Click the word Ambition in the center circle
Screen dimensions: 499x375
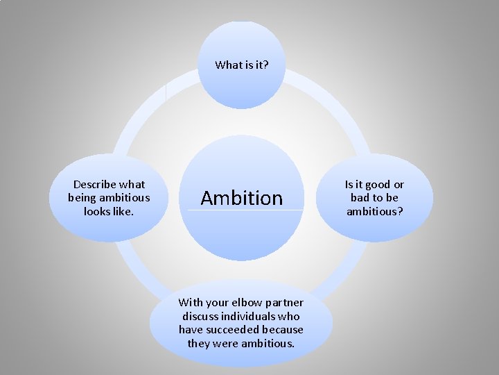pyautogui.click(x=242, y=199)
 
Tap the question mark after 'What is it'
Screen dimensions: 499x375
pyautogui.click(x=266, y=65)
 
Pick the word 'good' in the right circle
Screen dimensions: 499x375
pyautogui.click(x=378, y=185)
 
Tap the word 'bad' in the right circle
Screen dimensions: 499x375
pyautogui.click(x=361, y=198)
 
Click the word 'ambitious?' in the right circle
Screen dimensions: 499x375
pyautogui.click(x=374, y=211)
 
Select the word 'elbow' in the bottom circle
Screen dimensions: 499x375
pyautogui.click(x=247, y=302)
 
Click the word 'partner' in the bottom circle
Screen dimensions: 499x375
pyautogui.click(x=285, y=302)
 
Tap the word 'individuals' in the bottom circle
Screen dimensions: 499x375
pyautogui.click(x=247, y=316)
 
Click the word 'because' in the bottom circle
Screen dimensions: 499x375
pyautogui.click(x=283, y=329)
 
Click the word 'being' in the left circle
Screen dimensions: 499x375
pyautogui.click(x=82, y=198)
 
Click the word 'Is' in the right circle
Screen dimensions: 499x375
pyautogui.click(x=349, y=185)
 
